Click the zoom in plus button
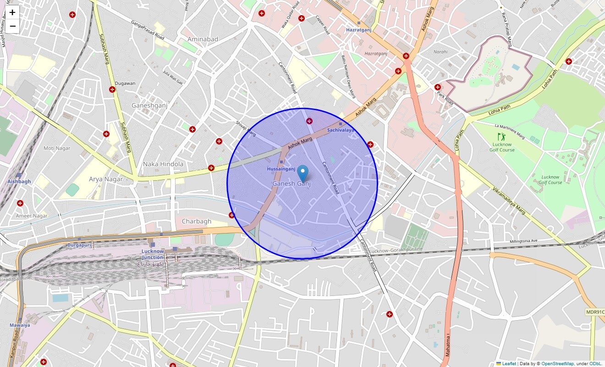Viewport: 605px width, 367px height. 12,12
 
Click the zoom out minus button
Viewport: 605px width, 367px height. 12,26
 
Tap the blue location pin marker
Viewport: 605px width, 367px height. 302,173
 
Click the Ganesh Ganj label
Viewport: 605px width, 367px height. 291,183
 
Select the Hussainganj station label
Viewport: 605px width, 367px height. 281,169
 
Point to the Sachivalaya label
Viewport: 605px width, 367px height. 341,130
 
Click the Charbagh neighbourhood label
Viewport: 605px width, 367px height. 197,221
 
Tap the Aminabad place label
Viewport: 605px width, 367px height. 203,39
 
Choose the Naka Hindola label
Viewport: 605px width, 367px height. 163,164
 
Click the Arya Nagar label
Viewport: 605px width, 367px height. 106,179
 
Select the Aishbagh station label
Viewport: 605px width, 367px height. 19,181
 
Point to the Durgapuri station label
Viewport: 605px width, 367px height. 80,245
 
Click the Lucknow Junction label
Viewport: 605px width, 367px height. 153,254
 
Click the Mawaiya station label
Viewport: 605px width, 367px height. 20,325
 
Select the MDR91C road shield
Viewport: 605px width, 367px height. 595,312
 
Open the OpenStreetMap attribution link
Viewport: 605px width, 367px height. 557,363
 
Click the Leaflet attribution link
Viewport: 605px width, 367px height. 509,363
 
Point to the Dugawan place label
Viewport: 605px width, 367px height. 125,83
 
